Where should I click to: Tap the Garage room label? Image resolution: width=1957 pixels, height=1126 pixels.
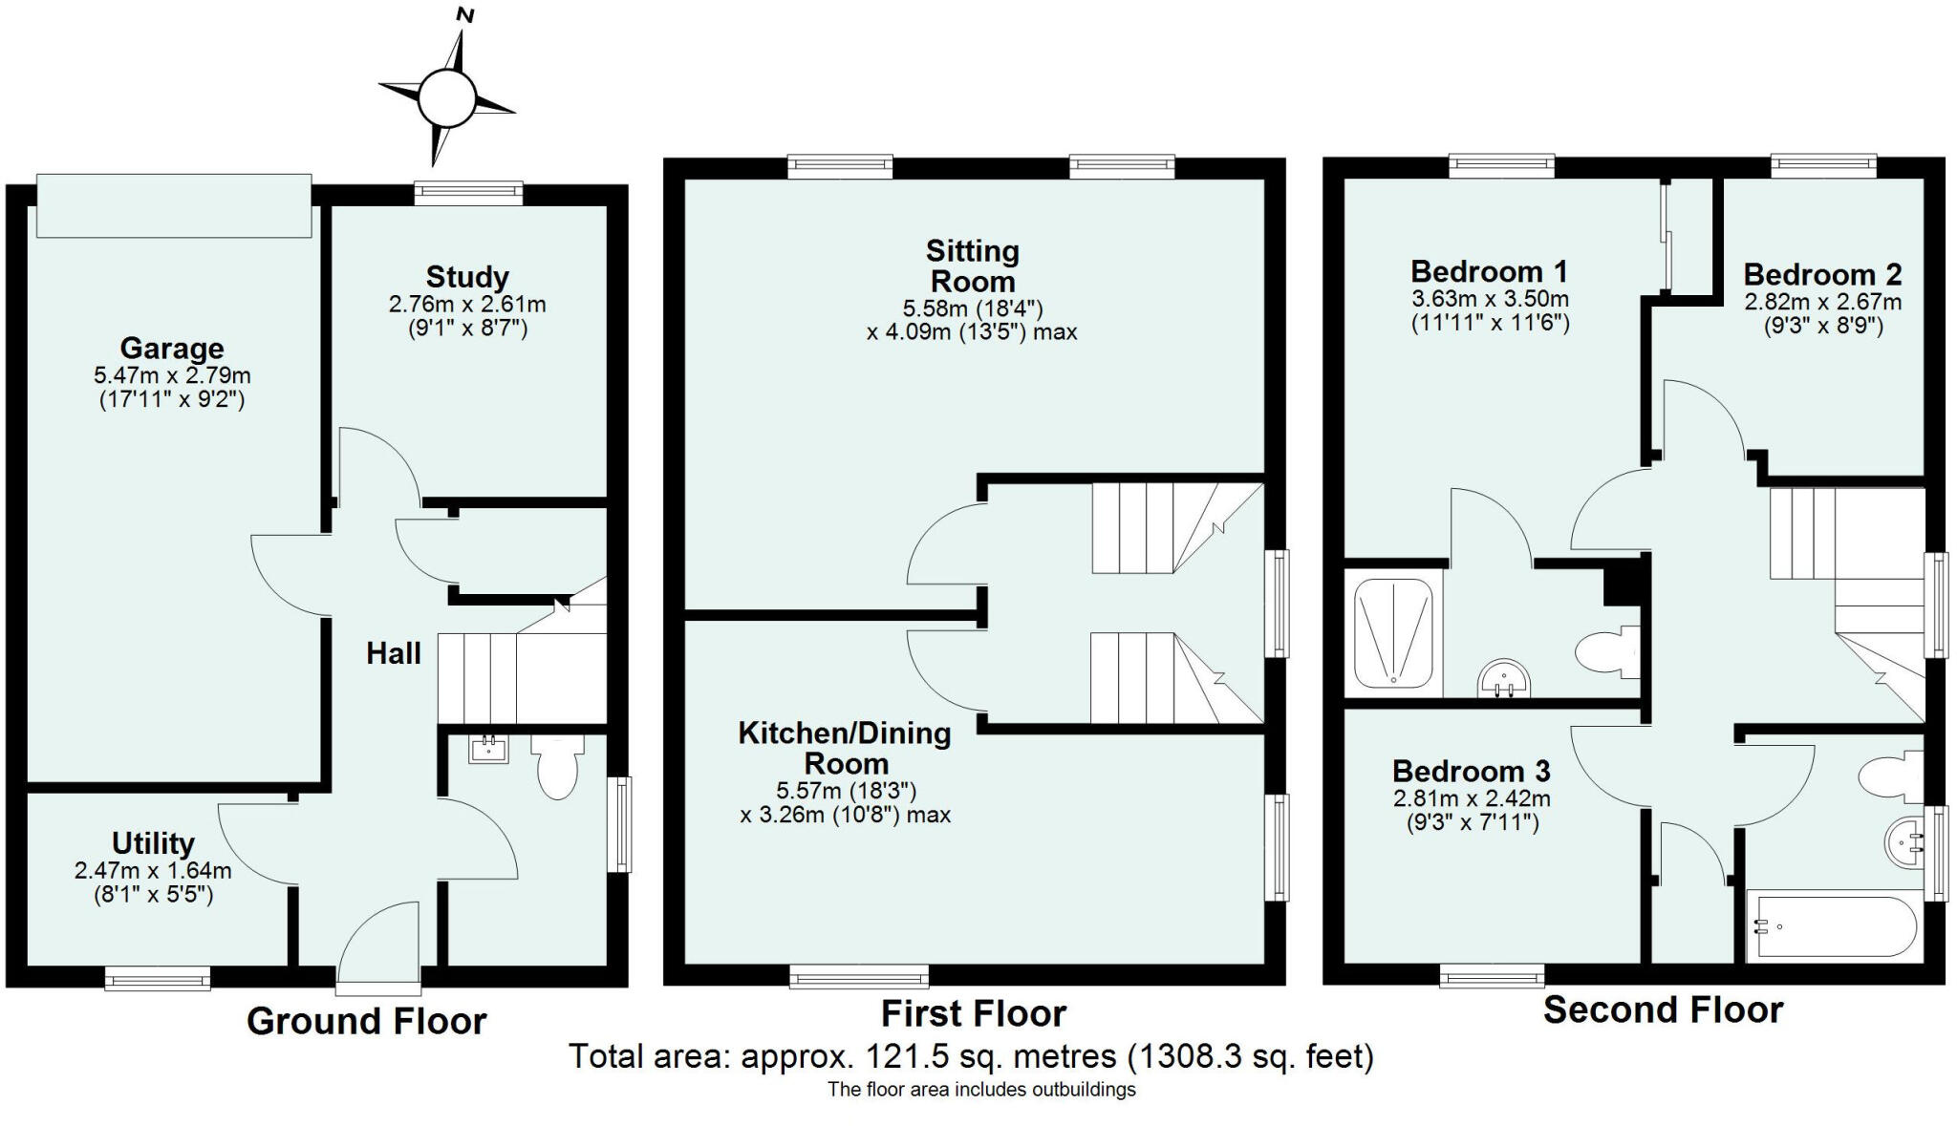(172, 349)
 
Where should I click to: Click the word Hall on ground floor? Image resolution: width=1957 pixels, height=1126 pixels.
(394, 654)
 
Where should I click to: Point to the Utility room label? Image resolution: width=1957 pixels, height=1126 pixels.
(153, 843)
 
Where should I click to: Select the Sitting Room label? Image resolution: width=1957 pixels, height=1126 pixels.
(973, 266)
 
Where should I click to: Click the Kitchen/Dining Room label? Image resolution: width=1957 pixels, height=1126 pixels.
(845, 748)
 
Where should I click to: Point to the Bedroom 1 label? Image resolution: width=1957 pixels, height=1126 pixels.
(1489, 271)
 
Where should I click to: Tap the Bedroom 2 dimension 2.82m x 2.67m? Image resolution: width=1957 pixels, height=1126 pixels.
(1822, 303)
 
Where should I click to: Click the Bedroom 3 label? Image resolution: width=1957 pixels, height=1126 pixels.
(1471, 771)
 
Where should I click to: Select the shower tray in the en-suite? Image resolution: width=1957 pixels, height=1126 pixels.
(1393, 632)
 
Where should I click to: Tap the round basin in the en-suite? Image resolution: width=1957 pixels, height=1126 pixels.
(1504, 679)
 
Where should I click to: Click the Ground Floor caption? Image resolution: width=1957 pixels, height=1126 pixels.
(367, 1021)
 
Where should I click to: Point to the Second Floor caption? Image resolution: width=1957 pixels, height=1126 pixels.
(1663, 1009)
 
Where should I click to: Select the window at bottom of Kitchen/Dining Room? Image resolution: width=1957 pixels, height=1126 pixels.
(859, 975)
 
